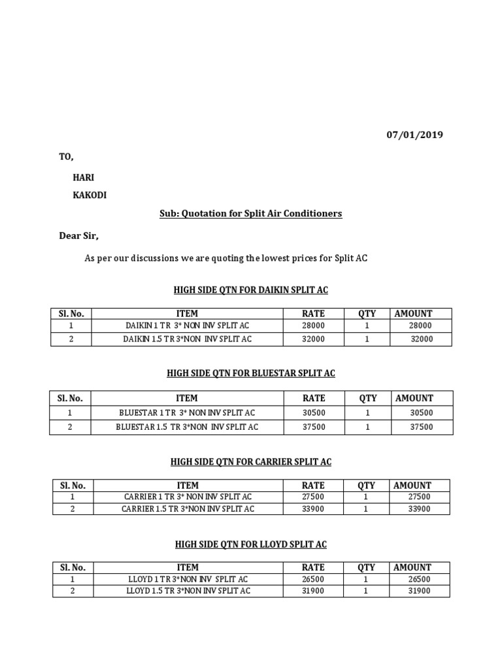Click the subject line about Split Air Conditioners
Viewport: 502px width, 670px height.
[x=251, y=214]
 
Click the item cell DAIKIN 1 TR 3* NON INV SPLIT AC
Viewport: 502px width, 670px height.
[x=187, y=326]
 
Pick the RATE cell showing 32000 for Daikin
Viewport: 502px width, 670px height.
[x=313, y=339]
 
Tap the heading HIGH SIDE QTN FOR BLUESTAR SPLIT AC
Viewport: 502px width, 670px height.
[x=251, y=373]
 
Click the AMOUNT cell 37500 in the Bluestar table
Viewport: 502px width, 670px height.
[x=421, y=427]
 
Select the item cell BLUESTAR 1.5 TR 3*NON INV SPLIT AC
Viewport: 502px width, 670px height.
[x=187, y=427]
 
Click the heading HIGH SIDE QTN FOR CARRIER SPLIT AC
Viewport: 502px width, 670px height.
[x=251, y=462]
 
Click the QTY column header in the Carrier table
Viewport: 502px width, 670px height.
[x=367, y=485]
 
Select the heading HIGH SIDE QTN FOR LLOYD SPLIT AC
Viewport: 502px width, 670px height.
[x=251, y=544]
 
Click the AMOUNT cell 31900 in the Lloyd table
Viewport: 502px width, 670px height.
[x=418, y=591]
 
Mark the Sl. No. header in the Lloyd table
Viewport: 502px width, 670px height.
[x=73, y=567]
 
